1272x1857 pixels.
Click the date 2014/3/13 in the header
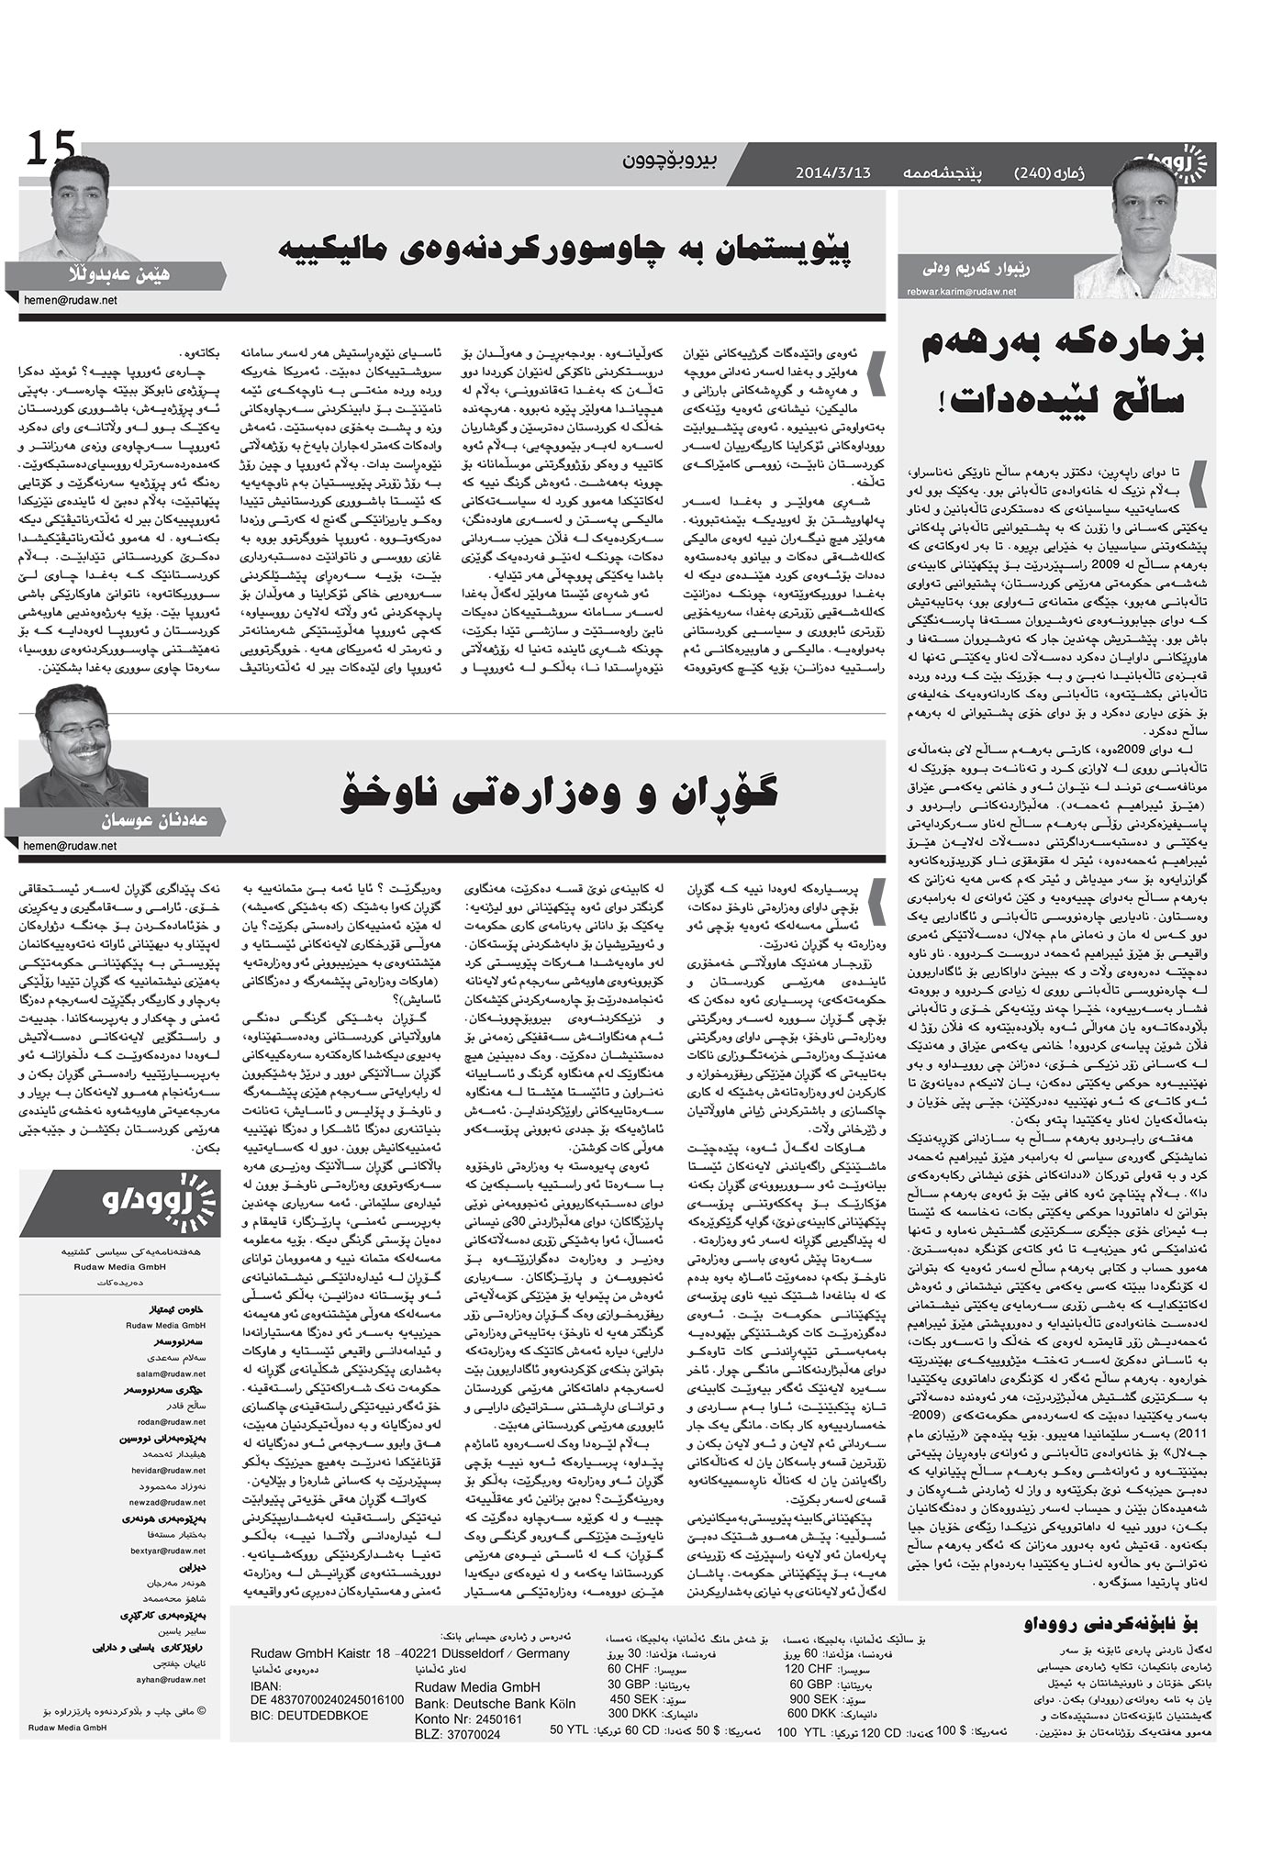832,172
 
